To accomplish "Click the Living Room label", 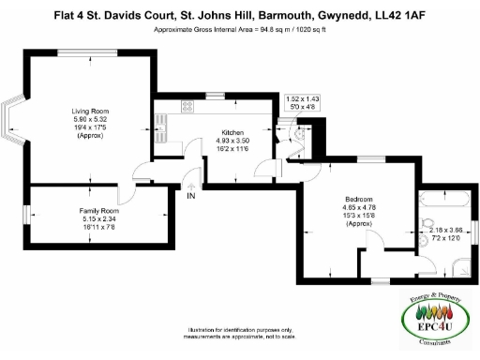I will tap(91, 112).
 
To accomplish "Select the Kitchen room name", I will tap(233, 132).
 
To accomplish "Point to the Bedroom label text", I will tap(359, 200).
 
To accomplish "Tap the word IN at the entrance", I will tap(191, 197).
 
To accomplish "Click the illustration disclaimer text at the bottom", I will tap(241, 334).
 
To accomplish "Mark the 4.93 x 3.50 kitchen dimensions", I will tap(233, 141).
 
